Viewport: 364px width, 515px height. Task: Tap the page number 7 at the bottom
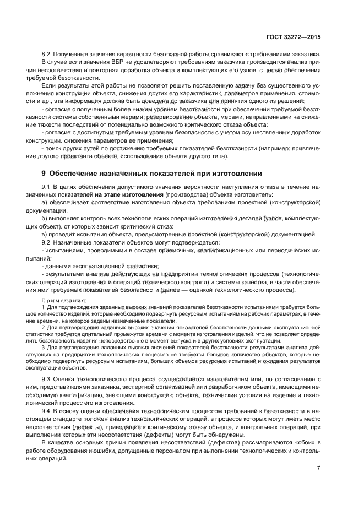[x=319, y=468]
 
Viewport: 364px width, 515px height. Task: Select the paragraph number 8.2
[x=47, y=53]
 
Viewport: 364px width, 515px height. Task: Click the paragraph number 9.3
[x=47, y=380]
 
